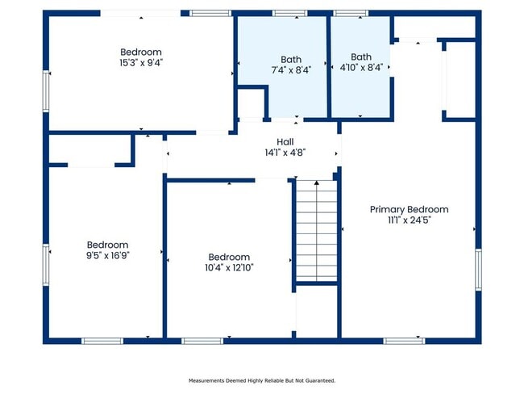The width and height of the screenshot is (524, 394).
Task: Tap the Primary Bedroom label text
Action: pyautogui.click(x=409, y=209)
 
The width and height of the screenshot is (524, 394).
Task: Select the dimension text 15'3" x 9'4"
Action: pyautogui.click(x=141, y=62)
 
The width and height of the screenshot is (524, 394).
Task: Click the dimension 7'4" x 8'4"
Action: pyautogui.click(x=291, y=69)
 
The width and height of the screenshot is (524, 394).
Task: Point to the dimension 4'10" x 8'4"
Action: pyautogui.click(x=360, y=69)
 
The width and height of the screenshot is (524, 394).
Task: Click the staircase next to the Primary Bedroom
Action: pyautogui.click(x=315, y=231)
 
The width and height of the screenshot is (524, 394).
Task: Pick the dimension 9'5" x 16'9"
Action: pyautogui.click(x=107, y=255)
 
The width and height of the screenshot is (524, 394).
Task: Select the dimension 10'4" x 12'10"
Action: pyautogui.click(x=228, y=267)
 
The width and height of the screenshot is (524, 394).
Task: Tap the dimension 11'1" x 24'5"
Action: pyautogui.click(x=409, y=220)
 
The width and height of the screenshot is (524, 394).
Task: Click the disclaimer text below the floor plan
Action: pyautogui.click(x=262, y=379)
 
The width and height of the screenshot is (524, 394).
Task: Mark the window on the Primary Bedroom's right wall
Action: pyautogui.click(x=478, y=270)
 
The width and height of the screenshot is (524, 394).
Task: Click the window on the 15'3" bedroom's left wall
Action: pyautogui.click(x=46, y=90)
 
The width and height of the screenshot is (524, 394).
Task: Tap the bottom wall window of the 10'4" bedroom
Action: pyautogui.click(x=202, y=340)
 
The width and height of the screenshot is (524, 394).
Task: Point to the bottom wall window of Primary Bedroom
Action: pyautogui.click(x=404, y=340)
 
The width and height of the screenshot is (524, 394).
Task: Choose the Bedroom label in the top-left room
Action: pyautogui.click(x=141, y=52)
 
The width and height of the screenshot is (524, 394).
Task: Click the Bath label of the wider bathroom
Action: pyautogui.click(x=291, y=58)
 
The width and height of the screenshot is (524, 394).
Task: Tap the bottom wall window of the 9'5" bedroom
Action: pyautogui.click(x=103, y=340)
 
